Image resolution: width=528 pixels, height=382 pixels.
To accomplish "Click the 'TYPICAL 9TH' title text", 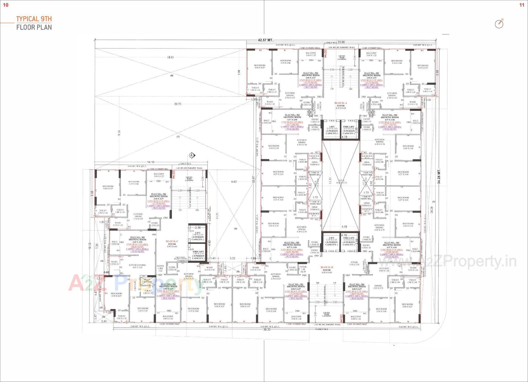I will [x=34, y=19].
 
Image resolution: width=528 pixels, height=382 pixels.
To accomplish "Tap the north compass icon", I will [x=499, y=24].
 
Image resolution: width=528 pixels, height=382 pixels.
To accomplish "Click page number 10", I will [x=5, y=5].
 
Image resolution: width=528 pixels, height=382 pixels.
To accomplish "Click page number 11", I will [x=522, y=5].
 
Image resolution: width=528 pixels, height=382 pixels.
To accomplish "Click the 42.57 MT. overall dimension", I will [x=265, y=40].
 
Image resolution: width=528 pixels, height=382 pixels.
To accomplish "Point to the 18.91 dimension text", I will [x=170, y=58].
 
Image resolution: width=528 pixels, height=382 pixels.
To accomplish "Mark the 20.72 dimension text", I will [x=177, y=104].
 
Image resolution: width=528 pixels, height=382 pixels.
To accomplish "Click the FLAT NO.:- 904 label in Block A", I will [x=311, y=73].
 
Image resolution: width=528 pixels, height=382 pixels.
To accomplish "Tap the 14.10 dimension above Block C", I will [x=151, y=162].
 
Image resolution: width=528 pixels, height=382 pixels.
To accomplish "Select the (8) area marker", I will [x=172, y=75].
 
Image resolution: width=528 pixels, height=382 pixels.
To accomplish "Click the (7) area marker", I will [x=178, y=137].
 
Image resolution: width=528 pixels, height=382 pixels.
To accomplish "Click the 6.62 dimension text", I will [x=234, y=182].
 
